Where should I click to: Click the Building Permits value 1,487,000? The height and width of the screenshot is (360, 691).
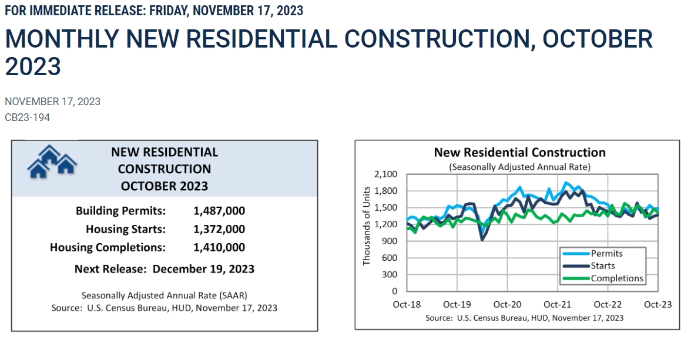[x=219, y=211]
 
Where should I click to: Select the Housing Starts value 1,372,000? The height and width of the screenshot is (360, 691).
[x=219, y=229]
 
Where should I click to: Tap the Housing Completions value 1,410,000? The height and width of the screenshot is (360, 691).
[x=219, y=247]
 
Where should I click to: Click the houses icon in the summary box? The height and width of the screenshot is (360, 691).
[x=52, y=162]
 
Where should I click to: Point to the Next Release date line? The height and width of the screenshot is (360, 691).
[x=165, y=269]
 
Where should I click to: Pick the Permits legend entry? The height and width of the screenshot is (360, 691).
[x=606, y=254]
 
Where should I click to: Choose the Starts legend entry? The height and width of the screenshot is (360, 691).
[x=603, y=266]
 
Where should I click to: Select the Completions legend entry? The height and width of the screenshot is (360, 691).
[x=617, y=278]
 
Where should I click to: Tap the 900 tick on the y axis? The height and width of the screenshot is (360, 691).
[x=390, y=241]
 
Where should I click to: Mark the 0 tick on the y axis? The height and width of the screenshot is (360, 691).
[x=395, y=291]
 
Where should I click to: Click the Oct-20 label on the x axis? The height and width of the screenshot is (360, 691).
[x=507, y=305]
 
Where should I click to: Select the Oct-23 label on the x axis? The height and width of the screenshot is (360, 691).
[x=658, y=305]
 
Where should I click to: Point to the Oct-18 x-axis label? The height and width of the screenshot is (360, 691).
[x=407, y=305]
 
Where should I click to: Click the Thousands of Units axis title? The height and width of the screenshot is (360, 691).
[x=367, y=226]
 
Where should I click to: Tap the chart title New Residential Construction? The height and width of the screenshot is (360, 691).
[x=519, y=153]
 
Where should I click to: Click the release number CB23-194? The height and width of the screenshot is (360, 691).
[x=27, y=117]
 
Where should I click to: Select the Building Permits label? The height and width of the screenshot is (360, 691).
[x=120, y=211]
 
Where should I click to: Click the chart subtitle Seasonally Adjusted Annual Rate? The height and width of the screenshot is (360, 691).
[x=519, y=167]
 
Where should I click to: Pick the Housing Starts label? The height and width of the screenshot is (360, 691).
[x=126, y=229]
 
